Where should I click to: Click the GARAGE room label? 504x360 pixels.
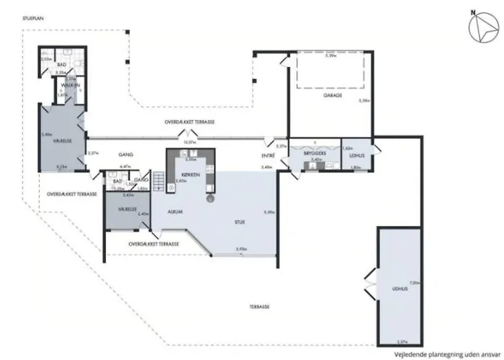[x=332, y=95]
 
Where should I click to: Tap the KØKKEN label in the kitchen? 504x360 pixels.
[x=189, y=175]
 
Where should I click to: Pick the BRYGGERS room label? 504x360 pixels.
[x=316, y=154]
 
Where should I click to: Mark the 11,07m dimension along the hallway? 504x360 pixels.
[x=190, y=143]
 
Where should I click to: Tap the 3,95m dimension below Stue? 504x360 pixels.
[x=241, y=249]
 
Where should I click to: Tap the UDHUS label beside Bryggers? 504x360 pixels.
[x=356, y=154]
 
